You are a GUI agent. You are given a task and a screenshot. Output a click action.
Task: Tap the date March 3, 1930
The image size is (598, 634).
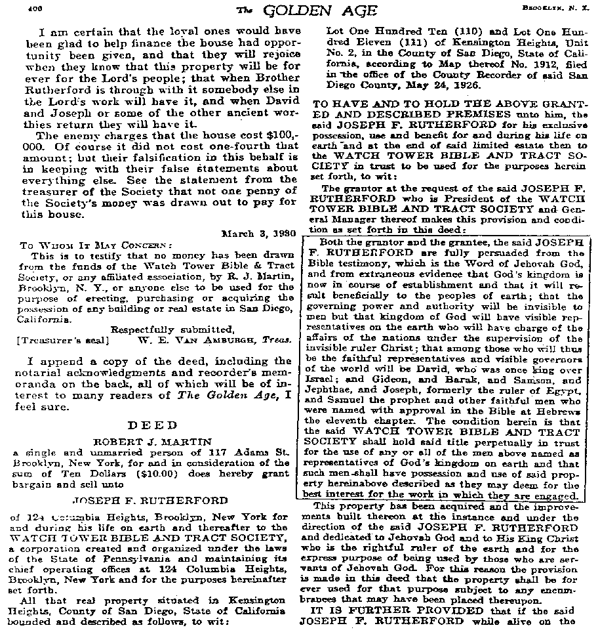(259, 232)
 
